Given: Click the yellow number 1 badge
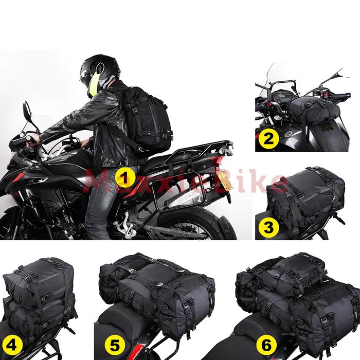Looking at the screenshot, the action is point(124,177).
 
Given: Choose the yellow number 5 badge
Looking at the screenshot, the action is point(115,345).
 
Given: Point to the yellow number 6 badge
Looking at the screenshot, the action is point(266,345).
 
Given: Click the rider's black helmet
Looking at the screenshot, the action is point(100,74).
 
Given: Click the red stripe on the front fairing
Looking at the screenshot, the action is point(17,178).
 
